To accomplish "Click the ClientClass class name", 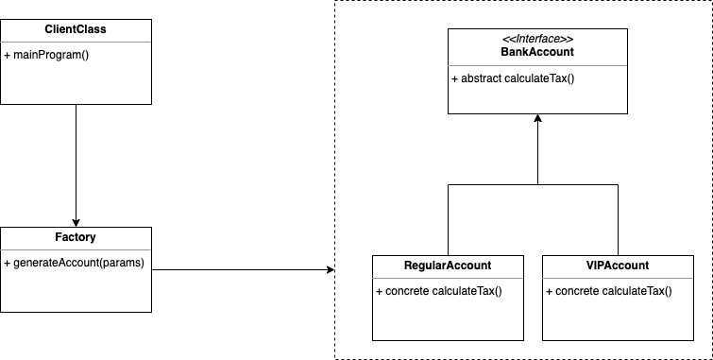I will pos(76,29).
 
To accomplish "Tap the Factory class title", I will pos(76,237).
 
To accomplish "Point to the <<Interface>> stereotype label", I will pos(537,40).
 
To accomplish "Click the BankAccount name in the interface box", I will pos(537,52).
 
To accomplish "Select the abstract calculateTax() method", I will pos(514,77).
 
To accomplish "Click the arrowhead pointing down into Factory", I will pos(76,221).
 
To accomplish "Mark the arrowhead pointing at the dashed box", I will pos(330,270).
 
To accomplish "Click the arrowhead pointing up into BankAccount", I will pos(537,119).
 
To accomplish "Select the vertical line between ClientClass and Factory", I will pos(76,161).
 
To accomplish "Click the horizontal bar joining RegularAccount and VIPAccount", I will pos(537,184).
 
